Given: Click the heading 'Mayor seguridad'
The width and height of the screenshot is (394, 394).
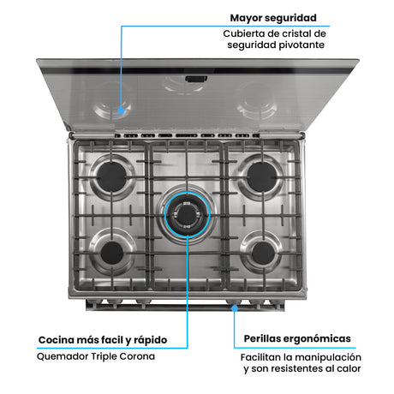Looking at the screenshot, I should (x=273, y=17).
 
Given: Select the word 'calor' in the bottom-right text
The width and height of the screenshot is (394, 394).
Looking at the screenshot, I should (x=347, y=369).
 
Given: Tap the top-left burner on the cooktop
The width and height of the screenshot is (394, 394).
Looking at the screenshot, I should (x=111, y=176).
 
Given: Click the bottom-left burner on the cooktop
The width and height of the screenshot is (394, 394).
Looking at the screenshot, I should (x=111, y=254).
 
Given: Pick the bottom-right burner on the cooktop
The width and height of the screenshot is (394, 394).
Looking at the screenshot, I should (x=263, y=253).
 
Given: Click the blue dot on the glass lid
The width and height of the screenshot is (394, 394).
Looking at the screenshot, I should (x=122, y=109).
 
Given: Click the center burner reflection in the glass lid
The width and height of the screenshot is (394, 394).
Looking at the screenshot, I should (x=185, y=85).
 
